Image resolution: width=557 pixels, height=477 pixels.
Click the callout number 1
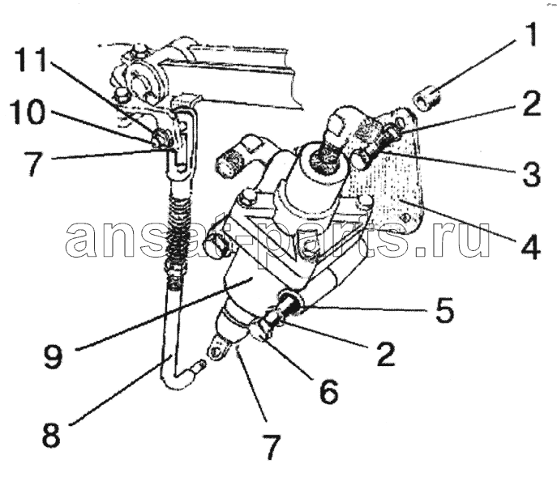coord(530,35)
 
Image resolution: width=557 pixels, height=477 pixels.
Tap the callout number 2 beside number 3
coord(531,104)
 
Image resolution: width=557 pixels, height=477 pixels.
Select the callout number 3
coord(531,173)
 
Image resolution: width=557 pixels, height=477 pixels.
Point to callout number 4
coord(531,245)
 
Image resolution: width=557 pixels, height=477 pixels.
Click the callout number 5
coord(443,310)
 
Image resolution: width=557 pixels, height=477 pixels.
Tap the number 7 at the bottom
coord(271,446)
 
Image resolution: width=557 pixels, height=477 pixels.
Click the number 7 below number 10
coord(34,163)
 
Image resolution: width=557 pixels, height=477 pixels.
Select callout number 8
coord(51,435)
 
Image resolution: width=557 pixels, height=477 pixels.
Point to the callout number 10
coord(27,112)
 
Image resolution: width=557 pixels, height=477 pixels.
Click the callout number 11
coord(31,60)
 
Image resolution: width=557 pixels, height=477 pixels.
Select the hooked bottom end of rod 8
coord(184,377)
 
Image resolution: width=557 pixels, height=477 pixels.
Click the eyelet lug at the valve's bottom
coord(217,349)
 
